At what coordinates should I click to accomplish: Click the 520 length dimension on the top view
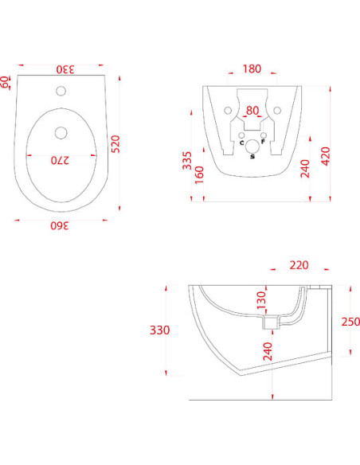point(115,143)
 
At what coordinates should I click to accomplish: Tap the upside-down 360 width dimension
point(61,225)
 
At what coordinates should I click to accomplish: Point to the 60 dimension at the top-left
point(6,81)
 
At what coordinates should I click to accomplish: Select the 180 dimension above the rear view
point(252,68)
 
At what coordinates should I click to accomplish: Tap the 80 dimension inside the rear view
point(252,111)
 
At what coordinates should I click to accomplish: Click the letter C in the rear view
point(241,144)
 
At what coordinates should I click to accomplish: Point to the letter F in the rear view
point(264,144)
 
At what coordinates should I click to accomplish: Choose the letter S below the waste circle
point(252,157)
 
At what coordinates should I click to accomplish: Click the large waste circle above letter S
point(252,146)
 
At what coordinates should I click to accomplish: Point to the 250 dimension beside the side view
point(350,322)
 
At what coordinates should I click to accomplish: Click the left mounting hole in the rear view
point(227,108)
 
